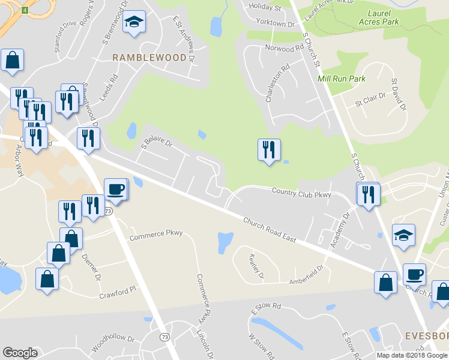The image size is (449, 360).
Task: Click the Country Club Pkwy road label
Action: tap(301, 193)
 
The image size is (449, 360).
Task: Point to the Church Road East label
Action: tap(270, 230)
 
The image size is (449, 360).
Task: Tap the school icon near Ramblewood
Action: tap(134, 23)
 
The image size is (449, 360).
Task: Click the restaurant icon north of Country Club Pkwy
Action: tap(269, 149)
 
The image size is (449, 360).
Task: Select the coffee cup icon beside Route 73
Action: tap(116, 190)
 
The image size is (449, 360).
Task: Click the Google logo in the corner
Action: tap(20, 353)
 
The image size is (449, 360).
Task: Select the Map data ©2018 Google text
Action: tap(412, 355)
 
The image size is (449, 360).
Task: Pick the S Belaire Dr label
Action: tap(157, 144)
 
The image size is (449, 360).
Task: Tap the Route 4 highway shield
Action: tap(25, 10)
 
